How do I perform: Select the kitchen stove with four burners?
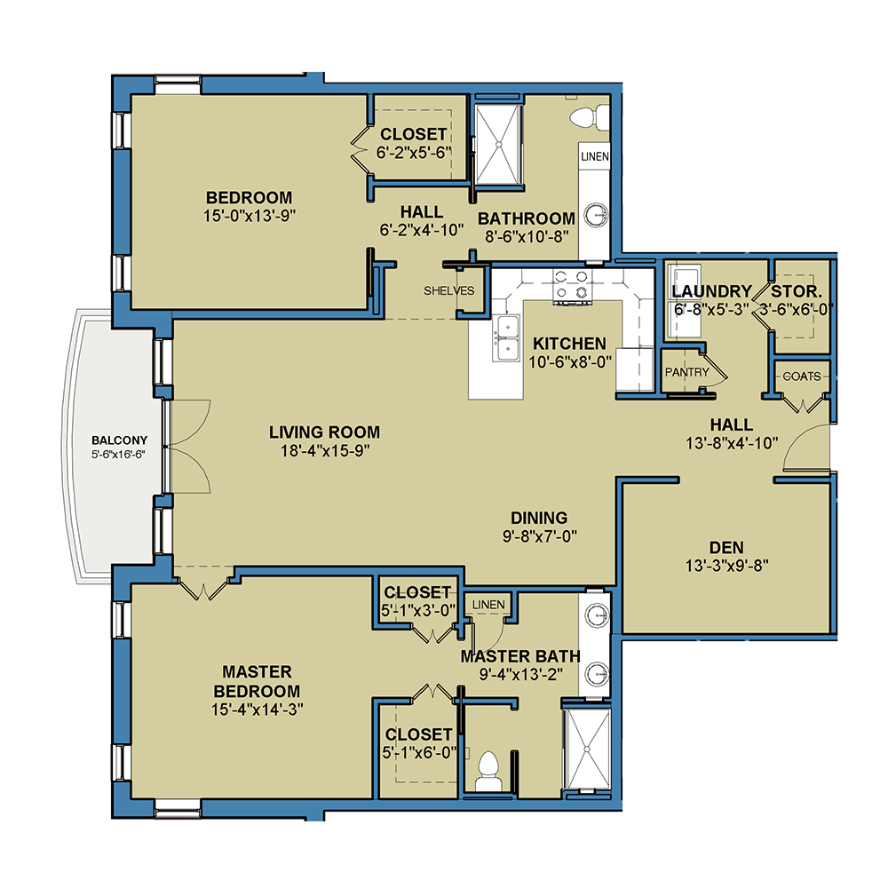(571, 285)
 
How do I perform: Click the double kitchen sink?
(507, 338)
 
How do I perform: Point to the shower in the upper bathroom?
(498, 145)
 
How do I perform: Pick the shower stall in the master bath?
(588, 748)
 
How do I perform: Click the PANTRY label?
(687, 372)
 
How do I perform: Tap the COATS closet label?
(801, 376)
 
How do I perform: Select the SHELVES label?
(449, 290)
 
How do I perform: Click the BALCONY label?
(120, 440)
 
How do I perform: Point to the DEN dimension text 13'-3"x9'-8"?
(726, 566)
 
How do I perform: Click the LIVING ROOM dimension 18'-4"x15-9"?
(325, 451)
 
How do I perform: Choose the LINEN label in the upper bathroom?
(595, 156)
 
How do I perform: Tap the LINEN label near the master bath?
(488, 605)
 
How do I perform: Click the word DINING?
(539, 518)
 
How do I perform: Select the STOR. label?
(797, 291)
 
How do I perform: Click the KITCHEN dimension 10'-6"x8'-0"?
(570, 362)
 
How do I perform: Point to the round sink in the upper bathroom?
(596, 215)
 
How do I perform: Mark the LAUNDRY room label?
(711, 291)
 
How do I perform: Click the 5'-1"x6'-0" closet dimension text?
(419, 753)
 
